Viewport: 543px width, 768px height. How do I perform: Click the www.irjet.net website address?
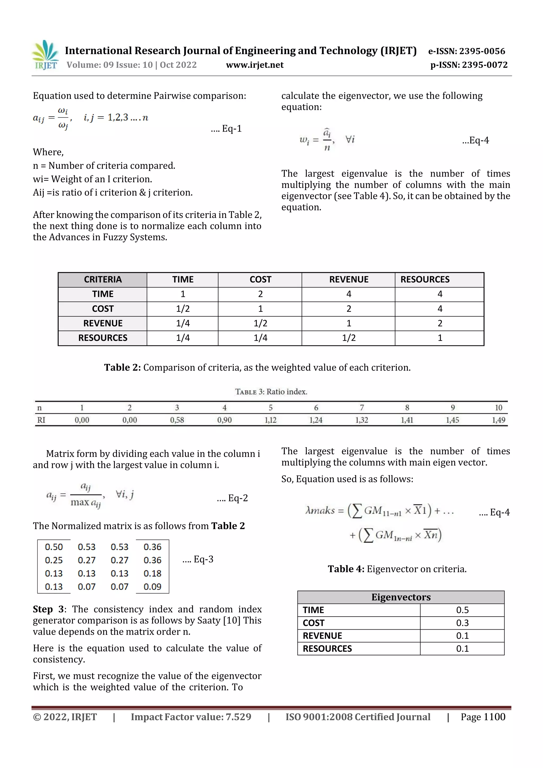pyautogui.click(x=255, y=65)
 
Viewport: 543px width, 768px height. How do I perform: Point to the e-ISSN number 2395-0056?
pyautogui.click(x=467, y=51)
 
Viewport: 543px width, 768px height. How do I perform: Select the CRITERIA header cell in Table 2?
pyautogui.click(x=102, y=280)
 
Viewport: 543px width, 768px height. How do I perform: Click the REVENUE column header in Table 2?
pyautogui.click(x=348, y=280)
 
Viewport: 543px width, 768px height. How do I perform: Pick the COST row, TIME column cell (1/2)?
pyautogui.click(x=183, y=309)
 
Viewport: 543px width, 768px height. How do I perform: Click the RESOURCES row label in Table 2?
pyautogui.click(x=102, y=338)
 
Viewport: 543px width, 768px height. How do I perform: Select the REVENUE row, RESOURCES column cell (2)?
pyautogui.click(x=440, y=323)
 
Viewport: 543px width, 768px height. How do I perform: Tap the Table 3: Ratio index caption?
pyautogui.click(x=271, y=392)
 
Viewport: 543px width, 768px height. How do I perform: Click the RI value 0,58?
pyautogui.click(x=177, y=420)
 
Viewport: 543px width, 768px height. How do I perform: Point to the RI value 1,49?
pyautogui.click(x=498, y=420)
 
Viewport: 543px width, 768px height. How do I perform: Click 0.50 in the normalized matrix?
pyautogui.click(x=54, y=547)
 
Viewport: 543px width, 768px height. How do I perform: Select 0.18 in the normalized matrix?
pyautogui.click(x=152, y=573)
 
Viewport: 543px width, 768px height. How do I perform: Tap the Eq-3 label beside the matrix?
pyautogui.click(x=198, y=559)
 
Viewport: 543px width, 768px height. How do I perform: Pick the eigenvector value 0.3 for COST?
pyautogui.click(x=462, y=623)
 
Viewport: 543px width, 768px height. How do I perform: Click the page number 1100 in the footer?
pyautogui.click(x=494, y=717)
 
